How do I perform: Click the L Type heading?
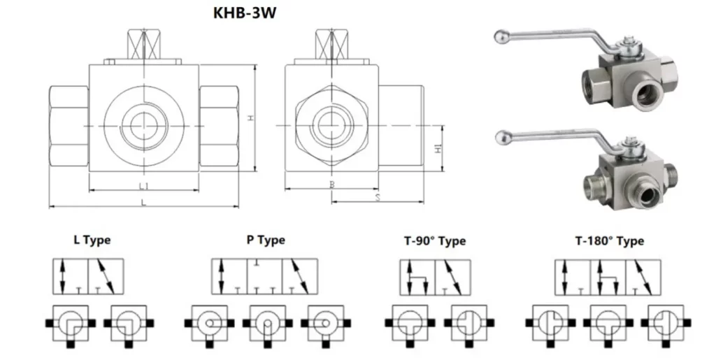(x=92, y=240)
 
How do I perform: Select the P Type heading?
(x=266, y=240)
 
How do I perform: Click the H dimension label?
(x=250, y=117)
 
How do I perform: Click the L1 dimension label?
(x=143, y=187)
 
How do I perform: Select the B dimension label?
(x=331, y=186)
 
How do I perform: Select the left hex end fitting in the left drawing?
(x=68, y=126)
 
